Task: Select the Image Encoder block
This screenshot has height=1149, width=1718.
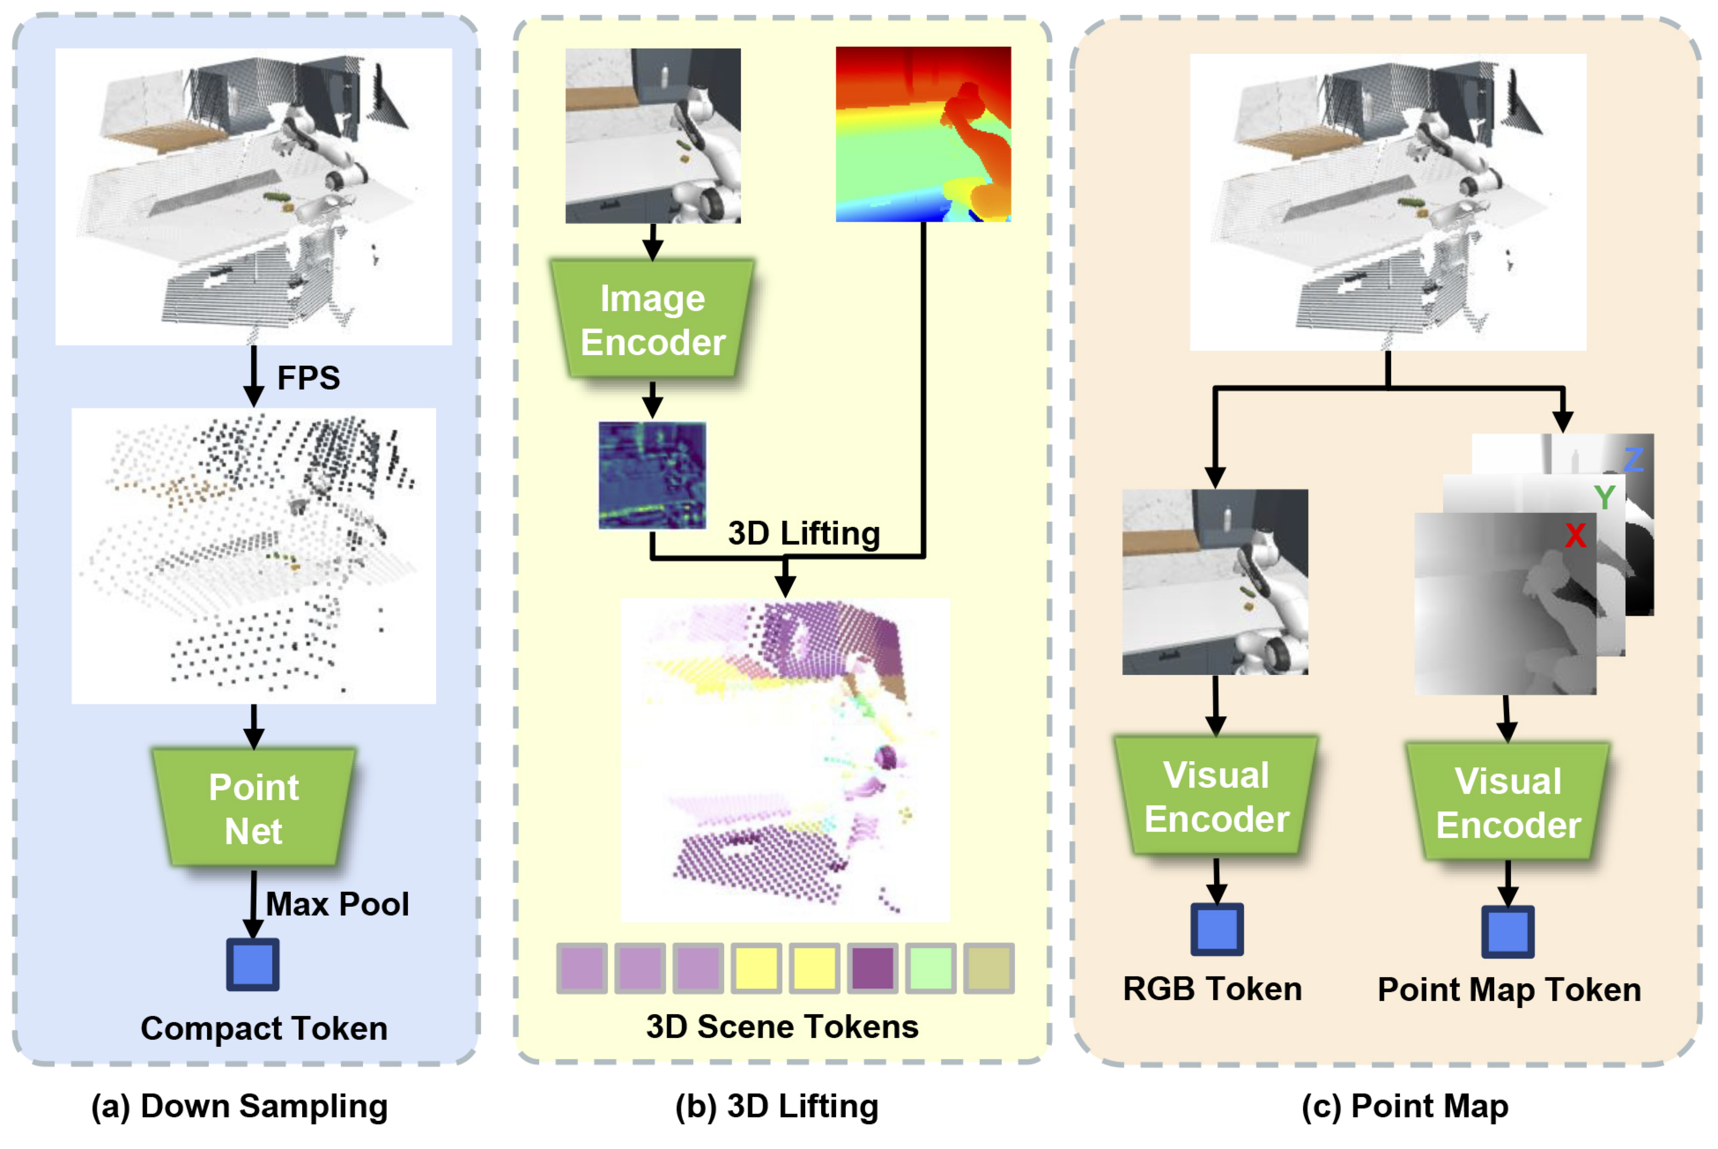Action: [x=652, y=320]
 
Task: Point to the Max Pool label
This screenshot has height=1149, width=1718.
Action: [x=337, y=904]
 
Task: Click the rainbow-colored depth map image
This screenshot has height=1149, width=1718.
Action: [x=923, y=134]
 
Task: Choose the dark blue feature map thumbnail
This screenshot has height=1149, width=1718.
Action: [x=652, y=475]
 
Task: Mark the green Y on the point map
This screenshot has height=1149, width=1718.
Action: [x=1604, y=497]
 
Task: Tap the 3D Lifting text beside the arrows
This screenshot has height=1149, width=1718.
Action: [x=803, y=534]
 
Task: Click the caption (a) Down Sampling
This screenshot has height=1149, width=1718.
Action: [x=240, y=1107]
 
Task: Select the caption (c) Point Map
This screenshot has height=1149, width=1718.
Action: [x=1404, y=1107]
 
